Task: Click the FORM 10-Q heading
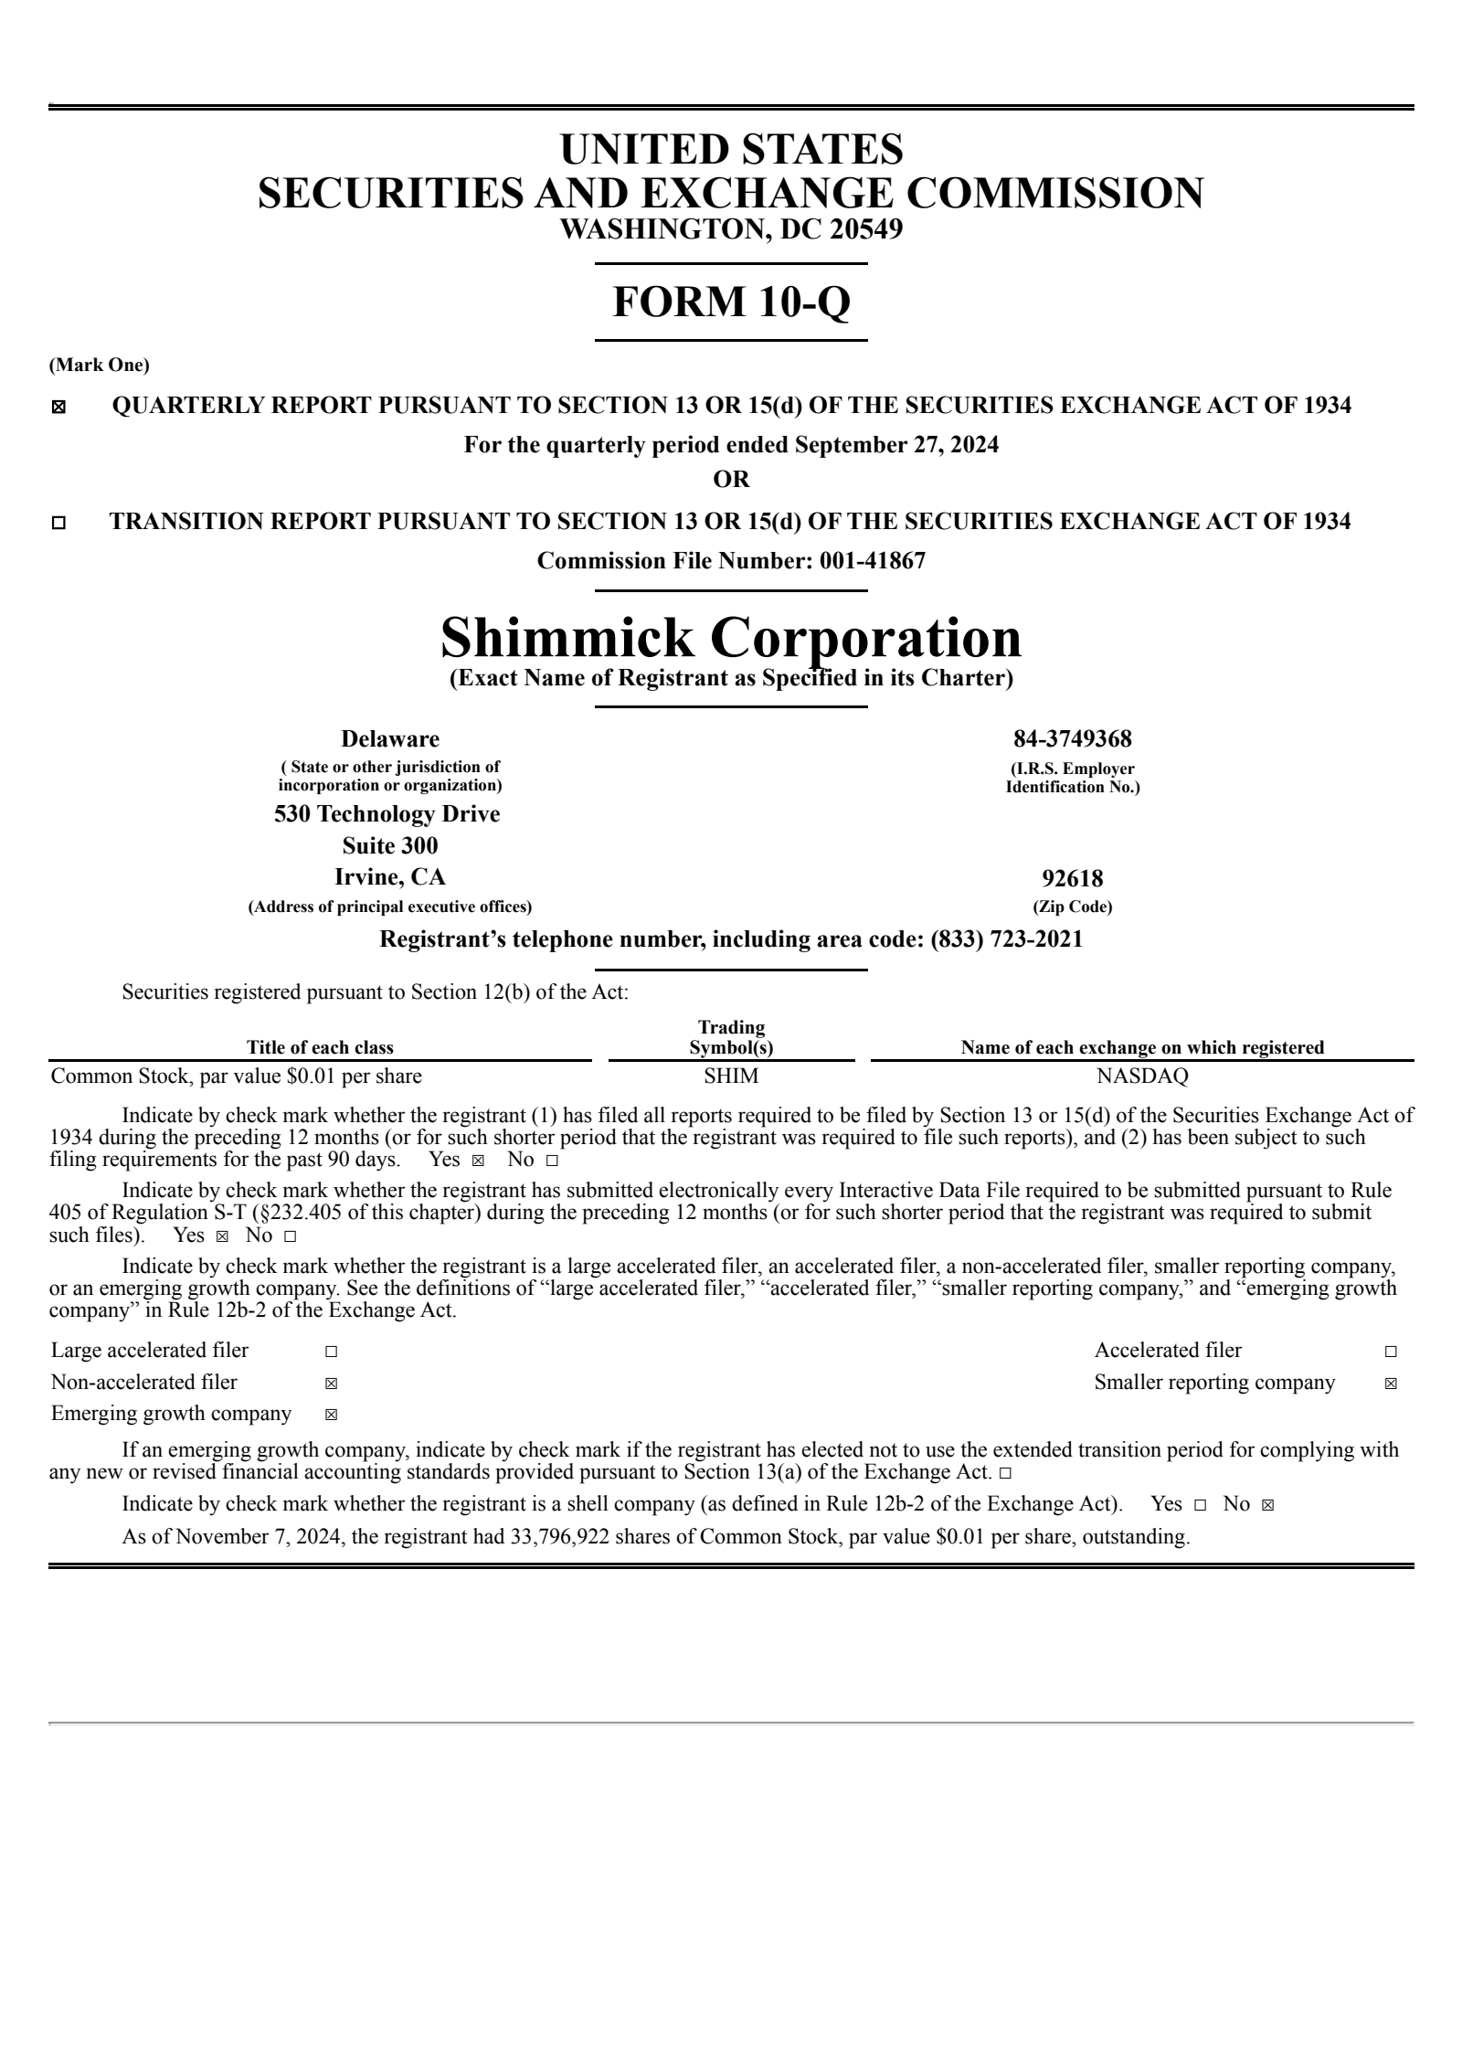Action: tap(731, 302)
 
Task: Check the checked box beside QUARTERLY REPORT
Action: tap(58, 408)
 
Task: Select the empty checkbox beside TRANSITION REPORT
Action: tap(58, 524)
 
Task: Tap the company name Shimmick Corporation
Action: tap(731, 637)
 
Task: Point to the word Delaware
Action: tap(390, 738)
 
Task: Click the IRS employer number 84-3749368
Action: tap(1072, 738)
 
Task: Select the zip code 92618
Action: tap(1072, 878)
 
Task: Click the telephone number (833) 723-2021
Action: tap(1006, 939)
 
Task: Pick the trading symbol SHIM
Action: tap(731, 1076)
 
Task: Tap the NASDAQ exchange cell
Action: tap(1142, 1076)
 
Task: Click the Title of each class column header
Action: tap(320, 1047)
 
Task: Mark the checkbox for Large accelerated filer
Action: tap(331, 1352)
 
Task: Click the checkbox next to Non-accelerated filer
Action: tap(331, 1384)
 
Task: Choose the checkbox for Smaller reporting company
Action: tap(1391, 1384)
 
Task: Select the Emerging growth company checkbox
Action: tap(331, 1416)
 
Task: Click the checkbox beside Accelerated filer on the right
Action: tap(1391, 1352)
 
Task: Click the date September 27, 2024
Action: tap(896, 445)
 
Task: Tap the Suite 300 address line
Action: tap(390, 845)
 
